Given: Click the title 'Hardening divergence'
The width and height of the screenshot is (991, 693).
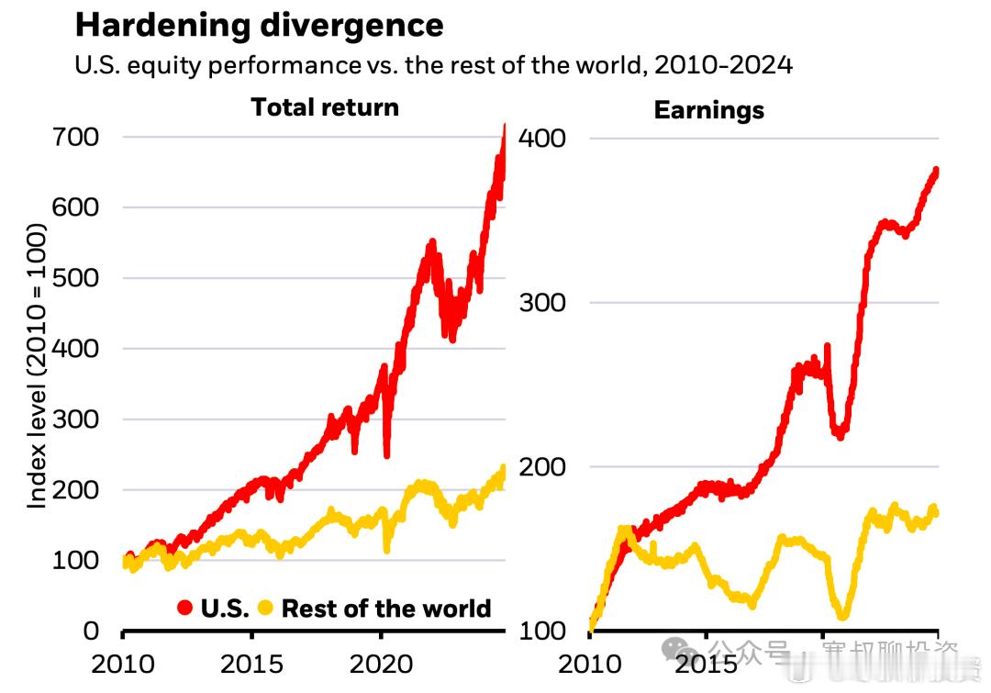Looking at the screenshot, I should pos(259,25).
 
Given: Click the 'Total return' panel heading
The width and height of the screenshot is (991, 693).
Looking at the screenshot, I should pos(325,107).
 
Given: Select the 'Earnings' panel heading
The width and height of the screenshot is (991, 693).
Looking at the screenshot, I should pos(708,111).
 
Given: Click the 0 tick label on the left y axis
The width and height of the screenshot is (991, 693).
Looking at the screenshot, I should pos(90,631).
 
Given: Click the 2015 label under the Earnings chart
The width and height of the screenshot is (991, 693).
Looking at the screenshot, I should pos(705,663).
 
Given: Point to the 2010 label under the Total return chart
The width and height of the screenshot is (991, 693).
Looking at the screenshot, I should pos(123,663).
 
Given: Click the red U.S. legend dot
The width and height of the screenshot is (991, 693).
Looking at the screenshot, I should pos(184,608).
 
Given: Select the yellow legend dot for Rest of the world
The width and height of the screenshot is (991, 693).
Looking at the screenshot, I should pos(266,608).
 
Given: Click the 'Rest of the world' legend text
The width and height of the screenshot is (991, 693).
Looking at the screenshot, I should pos(386,609).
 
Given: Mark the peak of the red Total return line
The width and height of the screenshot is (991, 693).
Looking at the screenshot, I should pos(504,126).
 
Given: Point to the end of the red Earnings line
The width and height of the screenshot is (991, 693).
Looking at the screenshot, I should pos(936,170).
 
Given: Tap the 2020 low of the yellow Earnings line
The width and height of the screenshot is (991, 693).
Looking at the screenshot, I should pos(842,615).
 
